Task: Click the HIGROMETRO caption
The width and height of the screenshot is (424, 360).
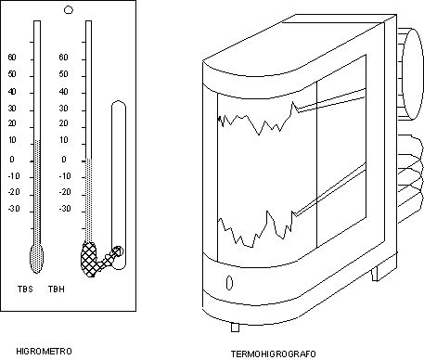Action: [x=44, y=352]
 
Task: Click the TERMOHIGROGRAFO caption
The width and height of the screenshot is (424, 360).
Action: [x=274, y=354]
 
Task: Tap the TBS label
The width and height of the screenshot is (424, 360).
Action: [x=25, y=289]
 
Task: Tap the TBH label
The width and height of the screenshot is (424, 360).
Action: [x=57, y=289]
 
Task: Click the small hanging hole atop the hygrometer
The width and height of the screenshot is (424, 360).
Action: [x=69, y=10]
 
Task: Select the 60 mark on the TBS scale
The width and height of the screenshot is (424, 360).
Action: [x=12, y=58]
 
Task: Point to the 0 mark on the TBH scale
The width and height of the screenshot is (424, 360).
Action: [x=64, y=160]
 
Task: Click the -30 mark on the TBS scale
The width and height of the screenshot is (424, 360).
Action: [x=14, y=209]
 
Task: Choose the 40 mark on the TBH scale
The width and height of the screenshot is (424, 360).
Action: [x=63, y=92]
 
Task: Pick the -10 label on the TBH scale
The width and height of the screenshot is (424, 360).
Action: [x=65, y=176]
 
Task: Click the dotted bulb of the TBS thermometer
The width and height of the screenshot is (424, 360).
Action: [x=36, y=258]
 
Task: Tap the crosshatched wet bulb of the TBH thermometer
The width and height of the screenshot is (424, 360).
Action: [x=89, y=259]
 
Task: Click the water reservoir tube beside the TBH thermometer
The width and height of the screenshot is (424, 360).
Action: [x=119, y=185]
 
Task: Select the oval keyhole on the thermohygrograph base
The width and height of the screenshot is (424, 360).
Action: [x=229, y=283]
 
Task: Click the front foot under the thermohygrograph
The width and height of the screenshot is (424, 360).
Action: [x=235, y=328]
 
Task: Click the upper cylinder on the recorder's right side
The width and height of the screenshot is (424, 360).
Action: [x=410, y=73]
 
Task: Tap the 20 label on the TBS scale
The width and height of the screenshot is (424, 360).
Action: [x=12, y=123]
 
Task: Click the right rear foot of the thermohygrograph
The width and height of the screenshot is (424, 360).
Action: [x=375, y=274]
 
